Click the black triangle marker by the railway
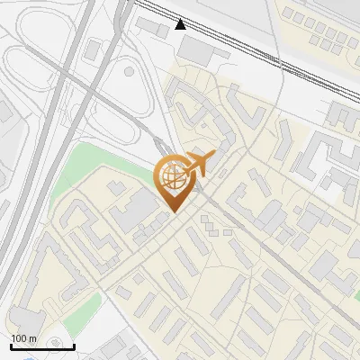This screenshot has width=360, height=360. click(181, 23)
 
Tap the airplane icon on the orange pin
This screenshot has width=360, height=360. click(198, 164)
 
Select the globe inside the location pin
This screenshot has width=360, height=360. click(172, 177)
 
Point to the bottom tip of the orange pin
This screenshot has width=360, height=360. click(173, 211)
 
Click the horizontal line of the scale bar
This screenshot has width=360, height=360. click(42, 347)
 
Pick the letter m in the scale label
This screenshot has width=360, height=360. click(32, 339)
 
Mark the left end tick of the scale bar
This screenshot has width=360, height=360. click(11, 345)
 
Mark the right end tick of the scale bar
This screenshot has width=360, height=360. click(74, 345)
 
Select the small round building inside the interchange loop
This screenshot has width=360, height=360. click(129, 69)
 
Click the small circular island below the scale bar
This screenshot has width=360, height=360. click(58, 343)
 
